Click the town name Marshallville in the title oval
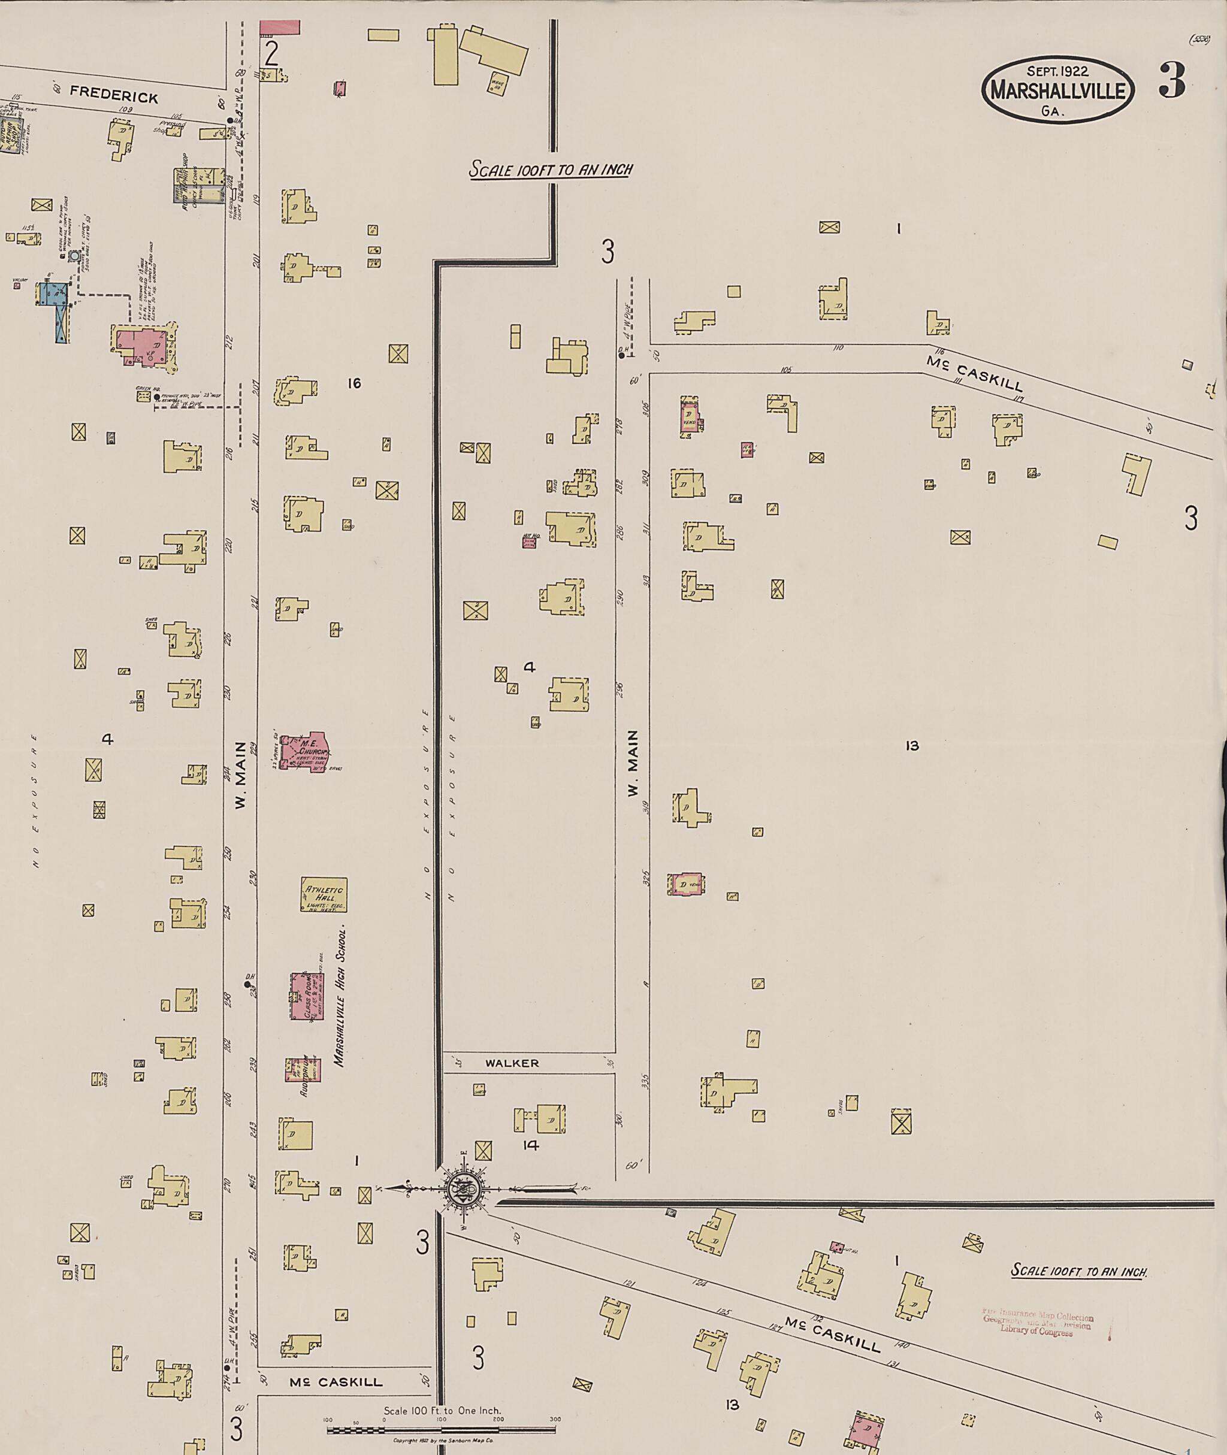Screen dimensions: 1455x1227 pos(1057,91)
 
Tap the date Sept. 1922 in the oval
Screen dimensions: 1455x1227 pos(1058,70)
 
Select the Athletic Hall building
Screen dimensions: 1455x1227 pos(324,895)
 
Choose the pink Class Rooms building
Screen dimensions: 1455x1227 pos(307,997)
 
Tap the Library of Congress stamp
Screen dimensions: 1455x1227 pos(1038,1324)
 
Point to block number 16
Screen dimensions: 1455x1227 pos(354,383)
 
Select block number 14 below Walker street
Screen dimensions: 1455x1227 pos(530,1145)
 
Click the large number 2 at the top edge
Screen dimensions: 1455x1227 pos(271,52)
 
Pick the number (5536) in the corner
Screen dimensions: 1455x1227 pos(1200,40)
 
